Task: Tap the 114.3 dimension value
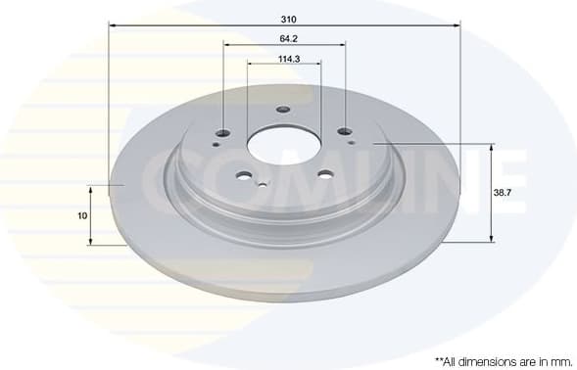(288, 60)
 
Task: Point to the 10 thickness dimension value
(82, 215)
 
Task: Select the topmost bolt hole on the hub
(283, 110)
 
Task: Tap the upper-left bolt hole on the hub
(223, 133)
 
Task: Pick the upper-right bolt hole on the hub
(344, 132)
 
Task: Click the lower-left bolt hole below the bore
(243, 177)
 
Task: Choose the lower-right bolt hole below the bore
(324, 176)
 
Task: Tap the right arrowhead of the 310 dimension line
(457, 25)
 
